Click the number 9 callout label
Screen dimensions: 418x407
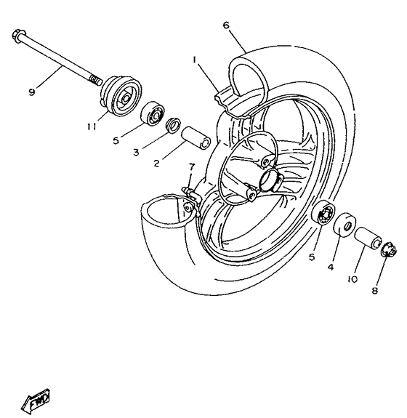pyautogui.click(x=31, y=91)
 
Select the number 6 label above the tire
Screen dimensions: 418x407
pyautogui.click(x=226, y=25)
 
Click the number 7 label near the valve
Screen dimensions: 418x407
pyautogui.click(x=191, y=167)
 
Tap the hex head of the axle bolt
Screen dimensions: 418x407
pyautogui.click(x=19, y=36)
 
